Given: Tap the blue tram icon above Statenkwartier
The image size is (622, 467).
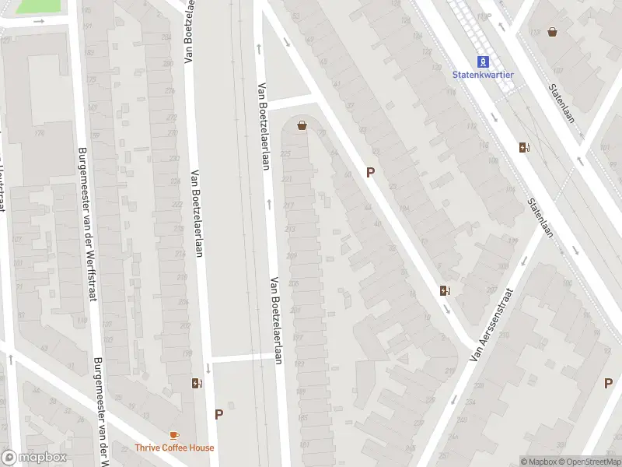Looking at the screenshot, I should point(483,61).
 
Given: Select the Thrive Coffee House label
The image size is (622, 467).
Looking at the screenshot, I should point(174,448).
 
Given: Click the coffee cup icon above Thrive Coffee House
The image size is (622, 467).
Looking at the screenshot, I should point(174,435).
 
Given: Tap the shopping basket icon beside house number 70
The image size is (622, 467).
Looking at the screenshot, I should point(302,125).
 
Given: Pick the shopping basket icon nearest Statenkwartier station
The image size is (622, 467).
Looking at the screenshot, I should point(553,32).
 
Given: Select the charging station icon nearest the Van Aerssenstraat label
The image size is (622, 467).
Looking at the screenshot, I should point(446,291).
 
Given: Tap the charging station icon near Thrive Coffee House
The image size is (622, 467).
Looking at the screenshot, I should point(197,383).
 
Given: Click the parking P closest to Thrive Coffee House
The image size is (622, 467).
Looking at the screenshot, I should point(218,415).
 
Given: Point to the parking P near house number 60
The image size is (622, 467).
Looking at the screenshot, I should point(371,172).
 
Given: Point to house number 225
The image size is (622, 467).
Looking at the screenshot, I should point(285,153).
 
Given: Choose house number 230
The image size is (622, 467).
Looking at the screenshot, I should point(172,132).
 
